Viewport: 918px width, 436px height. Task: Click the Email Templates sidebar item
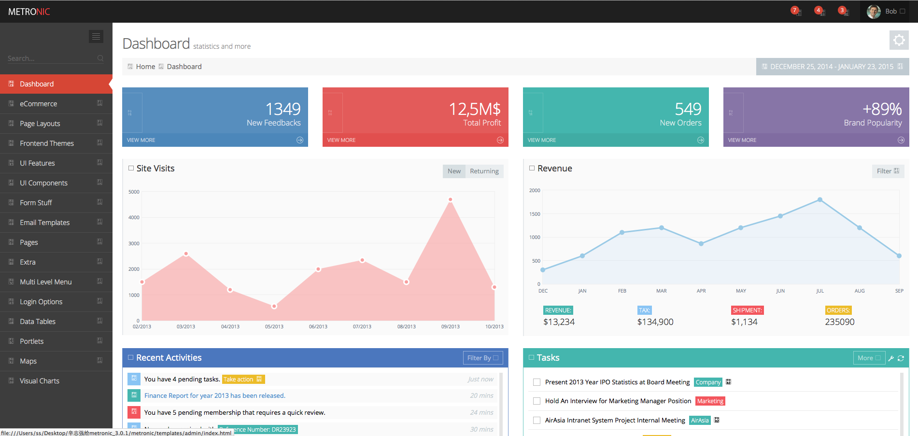click(x=44, y=223)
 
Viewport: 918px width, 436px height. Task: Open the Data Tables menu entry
click(x=38, y=322)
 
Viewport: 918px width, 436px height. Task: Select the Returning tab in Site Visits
click(x=484, y=171)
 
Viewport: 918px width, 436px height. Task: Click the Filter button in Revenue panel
click(x=888, y=171)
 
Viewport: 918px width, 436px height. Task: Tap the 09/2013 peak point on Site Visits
click(x=451, y=199)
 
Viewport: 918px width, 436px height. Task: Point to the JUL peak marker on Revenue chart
click(x=820, y=199)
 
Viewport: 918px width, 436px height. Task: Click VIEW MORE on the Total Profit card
click(x=341, y=140)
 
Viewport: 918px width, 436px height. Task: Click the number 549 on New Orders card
click(x=688, y=109)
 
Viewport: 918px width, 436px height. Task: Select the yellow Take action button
click(x=243, y=380)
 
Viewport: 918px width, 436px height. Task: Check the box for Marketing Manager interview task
click(x=537, y=401)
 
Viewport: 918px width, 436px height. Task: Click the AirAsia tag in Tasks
click(x=699, y=421)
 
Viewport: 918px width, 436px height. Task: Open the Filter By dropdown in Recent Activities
click(x=482, y=358)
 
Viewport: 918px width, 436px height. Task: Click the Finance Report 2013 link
click(x=214, y=396)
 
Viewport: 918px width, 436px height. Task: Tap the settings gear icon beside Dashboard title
click(x=899, y=40)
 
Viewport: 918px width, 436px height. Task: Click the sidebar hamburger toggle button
click(x=96, y=36)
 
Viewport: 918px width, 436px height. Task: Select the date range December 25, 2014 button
click(x=832, y=67)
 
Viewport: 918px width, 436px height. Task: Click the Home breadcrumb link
click(x=145, y=67)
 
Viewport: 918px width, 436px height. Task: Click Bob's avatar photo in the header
click(x=874, y=12)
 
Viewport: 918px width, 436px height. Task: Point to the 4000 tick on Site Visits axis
click(x=134, y=218)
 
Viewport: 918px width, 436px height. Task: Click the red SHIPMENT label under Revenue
click(x=747, y=310)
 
